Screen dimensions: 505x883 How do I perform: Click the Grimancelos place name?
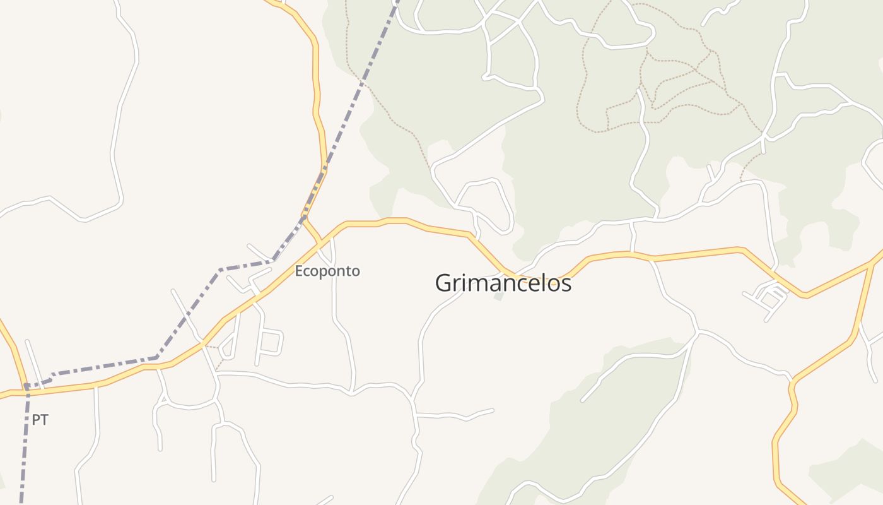(x=503, y=283)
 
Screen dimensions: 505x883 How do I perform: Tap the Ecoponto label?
(x=327, y=271)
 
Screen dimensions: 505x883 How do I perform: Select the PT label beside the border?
(x=40, y=420)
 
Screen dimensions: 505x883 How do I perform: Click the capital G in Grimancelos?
(x=443, y=283)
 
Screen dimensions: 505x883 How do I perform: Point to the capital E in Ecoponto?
(x=299, y=271)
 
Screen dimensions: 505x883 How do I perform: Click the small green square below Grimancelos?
(x=499, y=295)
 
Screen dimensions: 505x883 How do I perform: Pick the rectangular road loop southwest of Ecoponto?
(x=270, y=343)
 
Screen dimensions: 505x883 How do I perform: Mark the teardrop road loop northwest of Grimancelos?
(x=489, y=203)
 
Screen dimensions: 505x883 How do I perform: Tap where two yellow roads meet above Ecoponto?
(x=306, y=219)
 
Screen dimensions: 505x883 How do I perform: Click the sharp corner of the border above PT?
(x=26, y=385)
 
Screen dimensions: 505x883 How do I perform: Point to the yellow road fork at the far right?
(x=874, y=263)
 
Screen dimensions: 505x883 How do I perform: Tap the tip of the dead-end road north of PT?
(x=26, y=342)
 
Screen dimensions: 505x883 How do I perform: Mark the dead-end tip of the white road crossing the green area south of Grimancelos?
(x=582, y=400)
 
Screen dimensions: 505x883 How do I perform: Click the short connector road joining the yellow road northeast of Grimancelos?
(x=633, y=237)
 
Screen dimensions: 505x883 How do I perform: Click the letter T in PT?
(x=44, y=420)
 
